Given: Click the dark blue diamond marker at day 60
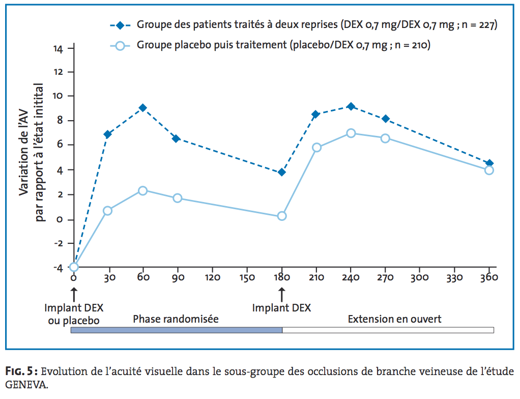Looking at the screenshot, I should pyautogui.click(x=143, y=108).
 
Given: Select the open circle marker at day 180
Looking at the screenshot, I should pyautogui.click(x=282, y=216).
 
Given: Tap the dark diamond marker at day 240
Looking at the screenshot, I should pyautogui.click(x=351, y=106).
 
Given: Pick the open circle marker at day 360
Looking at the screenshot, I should pyautogui.click(x=489, y=170).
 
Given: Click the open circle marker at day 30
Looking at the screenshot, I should pyautogui.click(x=107, y=211).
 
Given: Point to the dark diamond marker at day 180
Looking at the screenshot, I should pyautogui.click(x=282, y=172).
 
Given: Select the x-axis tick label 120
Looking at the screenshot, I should pyautogui.click(x=212, y=278).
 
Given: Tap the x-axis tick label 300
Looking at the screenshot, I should pyautogui.click(x=420, y=278).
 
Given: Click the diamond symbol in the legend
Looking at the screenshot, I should pyautogui.click(x=120, y=25).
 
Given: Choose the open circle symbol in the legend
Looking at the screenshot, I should pyautogui.click(x=120, y=45).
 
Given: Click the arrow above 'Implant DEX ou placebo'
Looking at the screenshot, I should pyautogui.click(x=74, y=294).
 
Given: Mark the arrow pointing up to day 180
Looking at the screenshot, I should pyautogui.click(x=282, y=294).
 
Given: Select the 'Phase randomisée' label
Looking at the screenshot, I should pyautogui.click(x=176, y=320).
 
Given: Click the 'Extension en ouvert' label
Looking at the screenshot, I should pyautogui.click(x=394, y=320).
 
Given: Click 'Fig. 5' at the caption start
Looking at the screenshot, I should pyautogui.click(x=20, y=370).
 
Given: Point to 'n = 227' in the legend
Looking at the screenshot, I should pyautogui.click(x=476, y=25).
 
